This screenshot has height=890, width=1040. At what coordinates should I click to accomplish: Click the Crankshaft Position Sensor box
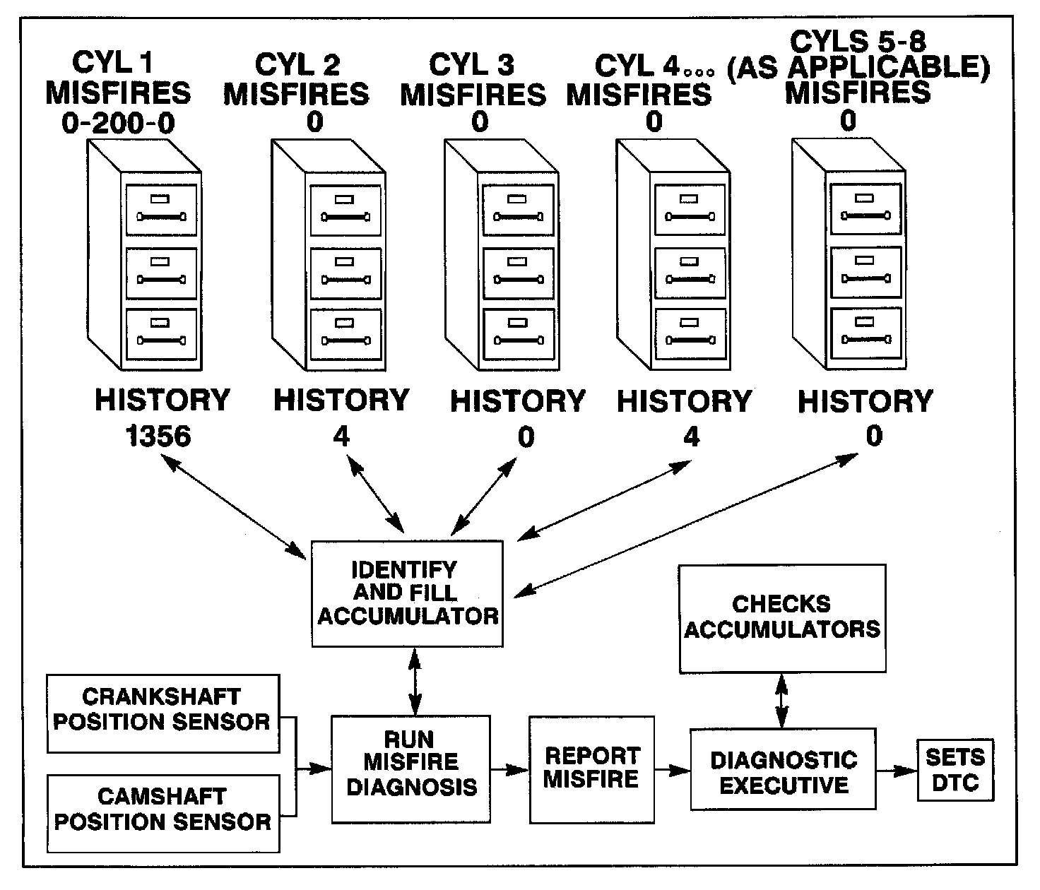(162, 713)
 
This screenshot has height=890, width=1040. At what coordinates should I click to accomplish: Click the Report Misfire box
(591, 769)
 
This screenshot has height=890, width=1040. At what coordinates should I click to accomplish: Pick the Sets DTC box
(955, 770)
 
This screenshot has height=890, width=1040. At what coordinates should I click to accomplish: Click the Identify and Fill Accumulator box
(407, 593)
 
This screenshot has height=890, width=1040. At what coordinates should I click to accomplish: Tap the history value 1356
(159, 437)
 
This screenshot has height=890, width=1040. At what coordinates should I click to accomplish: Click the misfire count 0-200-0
(118, 124)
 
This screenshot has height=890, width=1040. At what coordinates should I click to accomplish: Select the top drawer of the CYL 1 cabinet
(161, 210)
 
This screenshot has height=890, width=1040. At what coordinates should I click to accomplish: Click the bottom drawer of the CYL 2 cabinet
(346, 335)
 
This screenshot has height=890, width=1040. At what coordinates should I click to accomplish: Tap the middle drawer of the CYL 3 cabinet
(519, 273)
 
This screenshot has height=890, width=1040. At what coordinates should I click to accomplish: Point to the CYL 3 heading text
(472, 66)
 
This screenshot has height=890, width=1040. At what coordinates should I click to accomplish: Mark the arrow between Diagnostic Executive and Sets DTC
(896, 770)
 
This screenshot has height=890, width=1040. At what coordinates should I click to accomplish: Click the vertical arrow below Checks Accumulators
(781, 700)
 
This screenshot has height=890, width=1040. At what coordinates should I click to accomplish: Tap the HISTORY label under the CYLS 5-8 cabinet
(865, 401)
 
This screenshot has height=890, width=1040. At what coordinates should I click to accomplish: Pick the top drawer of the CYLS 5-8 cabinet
(865, 209)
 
